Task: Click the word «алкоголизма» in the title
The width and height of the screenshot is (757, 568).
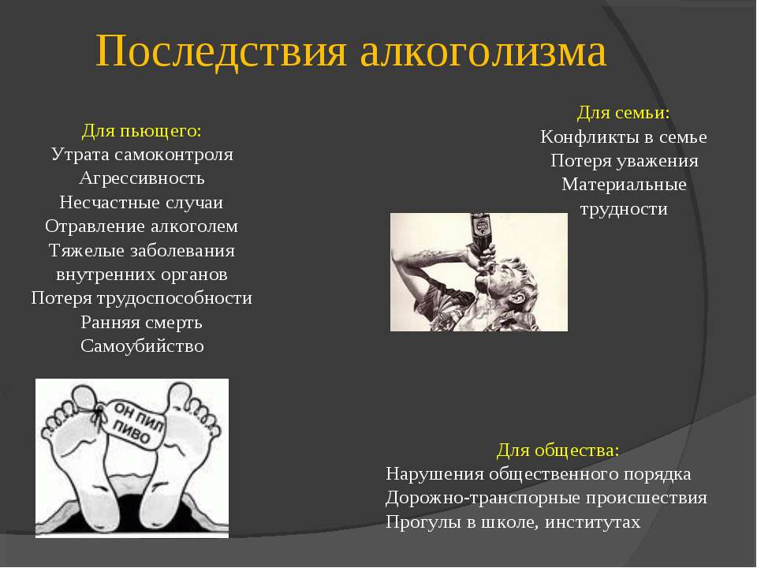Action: tap(483, 51)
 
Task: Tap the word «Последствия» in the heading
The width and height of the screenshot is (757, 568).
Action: tap(221, 51)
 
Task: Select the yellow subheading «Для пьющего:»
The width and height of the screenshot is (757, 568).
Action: tap(141, 131)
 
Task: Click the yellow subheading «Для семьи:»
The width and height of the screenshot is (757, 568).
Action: tap(623, 113)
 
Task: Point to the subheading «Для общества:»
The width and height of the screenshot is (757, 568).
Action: tap(557, 450)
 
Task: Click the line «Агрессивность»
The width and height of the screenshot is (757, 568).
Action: tap(141, 179)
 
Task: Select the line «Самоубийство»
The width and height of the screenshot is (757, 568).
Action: tap(142, 346)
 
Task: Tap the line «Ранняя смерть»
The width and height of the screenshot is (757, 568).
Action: tap(141, 322)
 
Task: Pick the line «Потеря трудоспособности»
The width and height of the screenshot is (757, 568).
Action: tap(141, 298)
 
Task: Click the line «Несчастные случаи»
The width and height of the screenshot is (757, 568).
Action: tap(141, 203)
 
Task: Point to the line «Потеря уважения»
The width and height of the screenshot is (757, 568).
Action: tap(625, 161)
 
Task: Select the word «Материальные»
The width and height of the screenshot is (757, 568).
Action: tap(624, 185)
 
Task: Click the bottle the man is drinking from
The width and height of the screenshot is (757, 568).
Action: tap(480, 237)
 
